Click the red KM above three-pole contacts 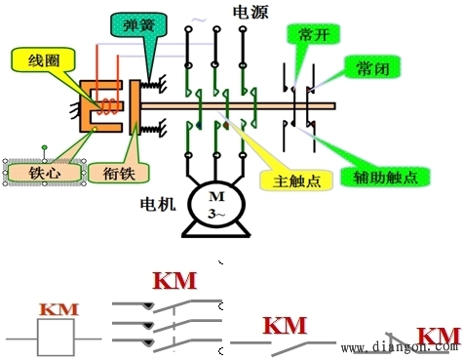[174, 281]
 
